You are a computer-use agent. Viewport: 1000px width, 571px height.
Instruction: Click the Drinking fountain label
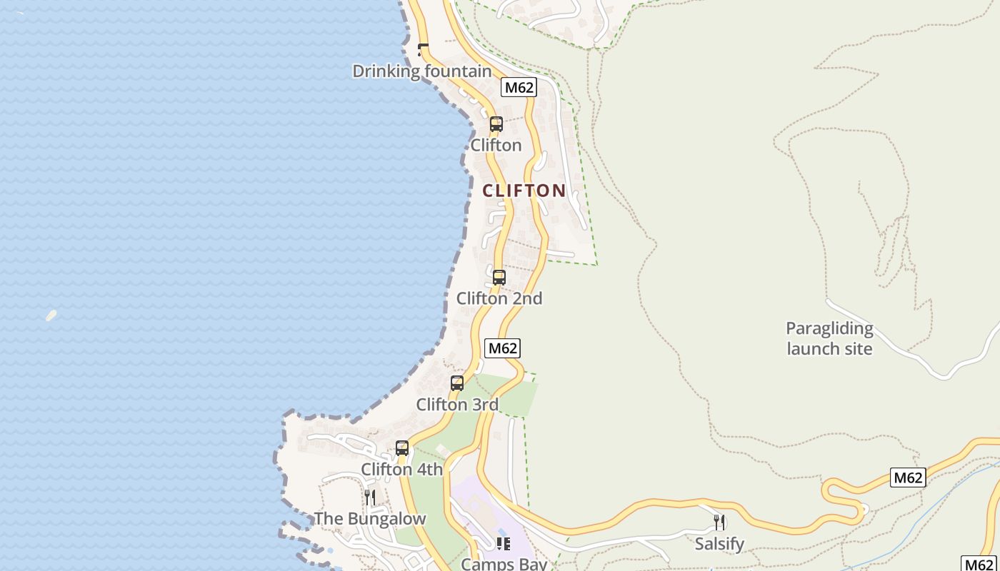[x=422, y=71]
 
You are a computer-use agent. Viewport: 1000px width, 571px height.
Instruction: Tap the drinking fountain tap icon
[x=423, y=49]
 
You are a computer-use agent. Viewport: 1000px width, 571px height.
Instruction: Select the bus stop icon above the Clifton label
[x=496, y=124]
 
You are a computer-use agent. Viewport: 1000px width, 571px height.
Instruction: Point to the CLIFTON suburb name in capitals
[x=524, y=191]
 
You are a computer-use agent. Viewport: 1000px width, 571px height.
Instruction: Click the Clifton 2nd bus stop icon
[x=499, y=278]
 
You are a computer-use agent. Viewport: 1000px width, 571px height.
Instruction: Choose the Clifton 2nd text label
[x=499, y=298]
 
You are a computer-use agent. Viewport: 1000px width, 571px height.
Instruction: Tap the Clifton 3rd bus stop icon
[x=457, y=383]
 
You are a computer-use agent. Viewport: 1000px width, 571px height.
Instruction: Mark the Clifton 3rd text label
[x=457, y=405]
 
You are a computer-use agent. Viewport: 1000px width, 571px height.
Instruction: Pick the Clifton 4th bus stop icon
[x=402, y=448]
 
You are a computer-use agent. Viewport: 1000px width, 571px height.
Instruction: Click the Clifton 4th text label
[x=401, y=470]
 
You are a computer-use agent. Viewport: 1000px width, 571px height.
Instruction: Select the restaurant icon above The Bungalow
[x=370, y=497]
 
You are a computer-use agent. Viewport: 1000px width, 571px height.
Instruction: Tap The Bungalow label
[x=370, y=519]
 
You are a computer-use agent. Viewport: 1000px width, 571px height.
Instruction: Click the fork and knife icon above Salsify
[x=719, y=522]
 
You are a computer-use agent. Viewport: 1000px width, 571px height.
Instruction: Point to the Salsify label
[x=719, y=544]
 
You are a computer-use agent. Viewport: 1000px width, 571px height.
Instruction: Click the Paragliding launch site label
[x=829, y=338]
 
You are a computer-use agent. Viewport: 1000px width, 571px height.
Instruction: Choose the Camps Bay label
[x=504, y=564]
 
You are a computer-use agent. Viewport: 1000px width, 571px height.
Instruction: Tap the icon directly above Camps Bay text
[x=504, y=544]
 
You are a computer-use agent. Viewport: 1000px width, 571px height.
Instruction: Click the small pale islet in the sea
[x=51, y=315]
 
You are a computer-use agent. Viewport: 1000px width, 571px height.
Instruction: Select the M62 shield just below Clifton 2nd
[x=502, y=348]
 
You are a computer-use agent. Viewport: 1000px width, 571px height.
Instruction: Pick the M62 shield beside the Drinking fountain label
[x=519, y=88]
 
